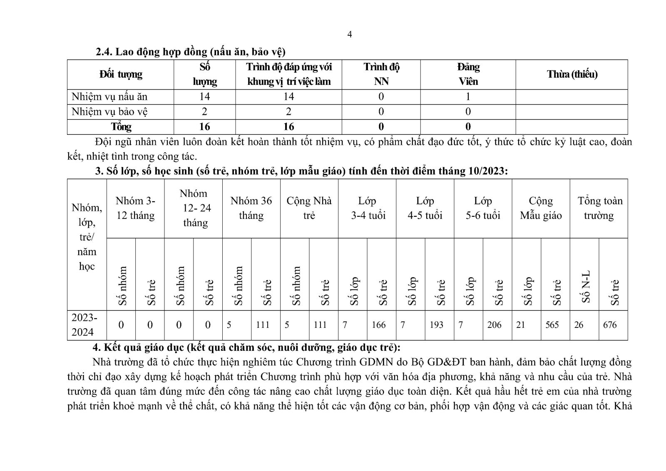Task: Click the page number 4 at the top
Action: click(x=350, y=35)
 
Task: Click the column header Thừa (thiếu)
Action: click(x=572, y=74)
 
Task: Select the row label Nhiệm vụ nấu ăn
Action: click(x=109, y=97)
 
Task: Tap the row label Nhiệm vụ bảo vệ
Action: click(x=109, y=112)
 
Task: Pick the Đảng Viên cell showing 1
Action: click(x=468, y=97)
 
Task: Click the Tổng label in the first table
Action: click(x=121, y=127)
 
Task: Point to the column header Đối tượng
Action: click(x=121, y=74)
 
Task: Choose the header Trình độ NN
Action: click(x=381, y=74)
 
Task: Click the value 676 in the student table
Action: click(x=610, y=325)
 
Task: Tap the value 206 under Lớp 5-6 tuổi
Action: click(x=494, y=325)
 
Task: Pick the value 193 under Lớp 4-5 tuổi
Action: click(x=436, y=325)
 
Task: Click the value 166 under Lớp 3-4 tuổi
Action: click(x=378, y=325)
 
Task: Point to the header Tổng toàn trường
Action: click(x=599, y=208)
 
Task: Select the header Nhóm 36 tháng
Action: click(x=251, y=208)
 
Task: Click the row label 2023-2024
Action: click(x=84, y=325)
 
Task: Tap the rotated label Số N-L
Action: click(x=586, y=287)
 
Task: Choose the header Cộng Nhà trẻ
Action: click(x=309, y=208)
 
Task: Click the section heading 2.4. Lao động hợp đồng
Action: click(x=190, y=52)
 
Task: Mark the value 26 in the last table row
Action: click(x=579, y=325)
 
